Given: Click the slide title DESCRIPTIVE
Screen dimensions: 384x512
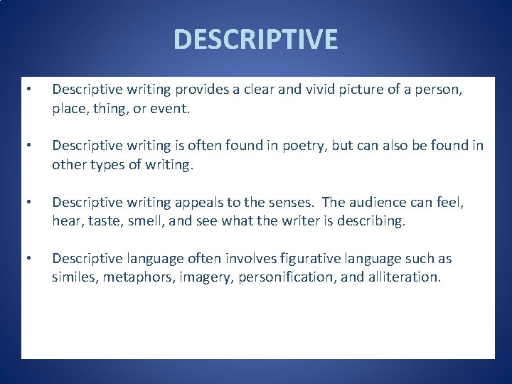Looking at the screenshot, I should tap(256, 40).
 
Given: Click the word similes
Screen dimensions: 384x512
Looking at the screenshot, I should tap(75, 277).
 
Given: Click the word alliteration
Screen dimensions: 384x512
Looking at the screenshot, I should tap(403, 277).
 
